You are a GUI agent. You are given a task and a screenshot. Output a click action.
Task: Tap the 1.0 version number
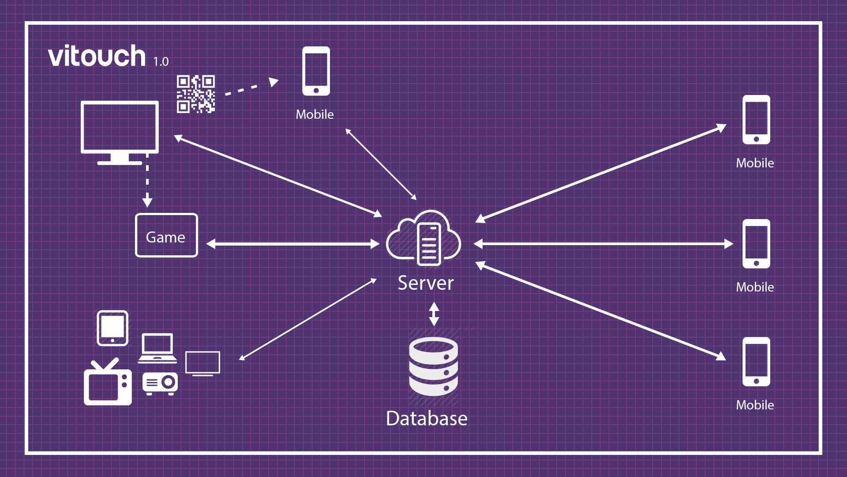[161, 62]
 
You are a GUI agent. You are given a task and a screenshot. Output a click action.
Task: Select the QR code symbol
[196, 94]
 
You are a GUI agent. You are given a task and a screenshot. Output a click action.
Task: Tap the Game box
[166, 235]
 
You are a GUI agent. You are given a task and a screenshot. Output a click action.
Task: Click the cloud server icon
[424, 238]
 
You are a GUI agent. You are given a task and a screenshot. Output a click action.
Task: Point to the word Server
[425, 283]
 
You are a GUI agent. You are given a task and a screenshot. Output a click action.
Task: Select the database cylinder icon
[433, 367]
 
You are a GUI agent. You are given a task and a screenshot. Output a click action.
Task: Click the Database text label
[427, 419]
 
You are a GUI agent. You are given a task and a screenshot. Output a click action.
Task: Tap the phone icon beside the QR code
[316, 71]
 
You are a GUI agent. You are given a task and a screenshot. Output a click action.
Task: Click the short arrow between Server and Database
[434, 314]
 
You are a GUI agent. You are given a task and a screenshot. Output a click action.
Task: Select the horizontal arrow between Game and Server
[292, 244]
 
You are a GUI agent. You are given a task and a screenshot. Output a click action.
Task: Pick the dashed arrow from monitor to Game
[147, 181]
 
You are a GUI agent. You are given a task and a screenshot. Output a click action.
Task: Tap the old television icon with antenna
[108, 383]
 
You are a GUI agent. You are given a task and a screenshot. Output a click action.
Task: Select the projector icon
[160, 383]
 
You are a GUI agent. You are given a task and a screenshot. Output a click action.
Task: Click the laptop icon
[157, 348]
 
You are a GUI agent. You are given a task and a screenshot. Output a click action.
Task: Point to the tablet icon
[112, 328]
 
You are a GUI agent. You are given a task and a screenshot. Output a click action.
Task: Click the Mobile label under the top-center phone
[315, 114]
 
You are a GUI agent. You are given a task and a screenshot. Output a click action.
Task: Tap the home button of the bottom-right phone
[756, 381]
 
